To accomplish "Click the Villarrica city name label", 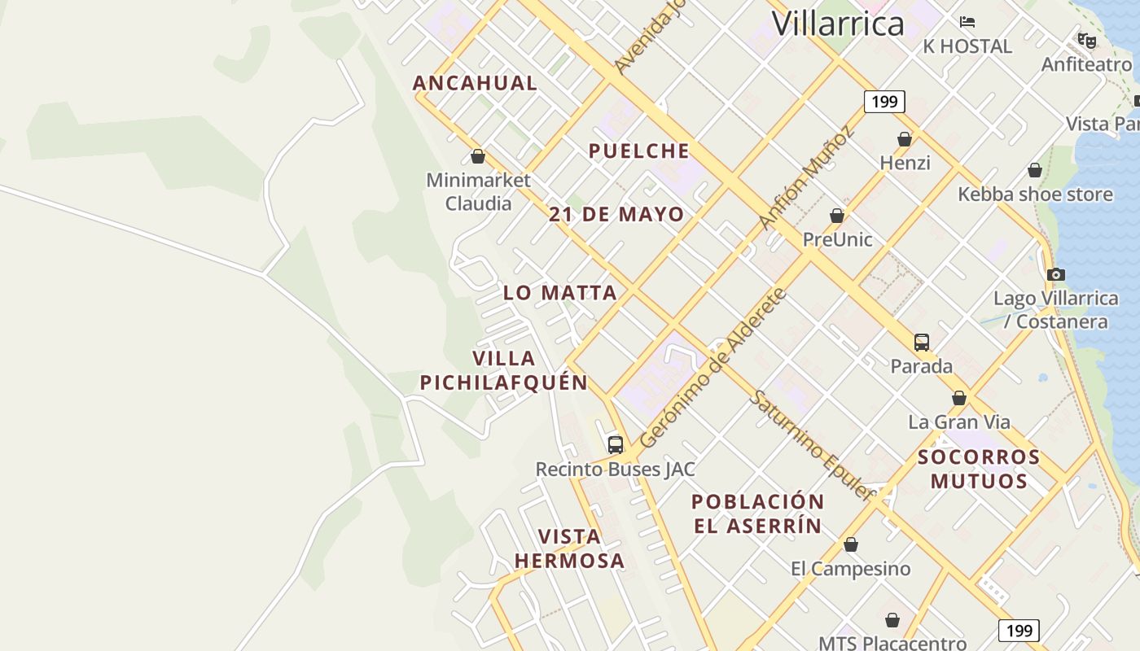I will pyautogui.click(x=838, y=24).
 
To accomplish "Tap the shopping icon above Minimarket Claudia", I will pyautogui.click(x=478, y=156).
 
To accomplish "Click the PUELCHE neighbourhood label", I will pyautogui.click(x=639, y=151).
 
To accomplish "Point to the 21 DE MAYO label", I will pyautogui.click(x=616, y=215).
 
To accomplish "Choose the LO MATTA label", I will pyautogui.click(x=559, y=293).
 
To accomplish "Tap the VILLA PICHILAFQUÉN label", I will pyautogui.click(x=504, y=370).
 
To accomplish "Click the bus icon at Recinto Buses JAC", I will pyautogui.click(x=616, y=445).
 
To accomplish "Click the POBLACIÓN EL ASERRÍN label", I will pyautogui.click(x=757, y=513).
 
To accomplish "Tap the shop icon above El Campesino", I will pyautogui.click(x=851, y=544).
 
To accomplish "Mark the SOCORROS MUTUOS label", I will pyautogui.click(x=979, y=469).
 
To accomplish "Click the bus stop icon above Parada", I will pyautogui.click(x=922, y=343).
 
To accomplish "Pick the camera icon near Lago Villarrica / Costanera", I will pyautogui.click(x=1056, y=274).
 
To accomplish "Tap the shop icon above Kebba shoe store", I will pyautogui.click(x=1035, y=170).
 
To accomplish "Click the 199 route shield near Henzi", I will pyautogui.click(x=884, y=102).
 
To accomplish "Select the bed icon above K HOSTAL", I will pyautogui.click(x=967, y=22).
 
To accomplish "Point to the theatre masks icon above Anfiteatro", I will pyautogui.click(x=1087, y=41).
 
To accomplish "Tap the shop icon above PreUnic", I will pyautogui.click(x=837, y=216).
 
